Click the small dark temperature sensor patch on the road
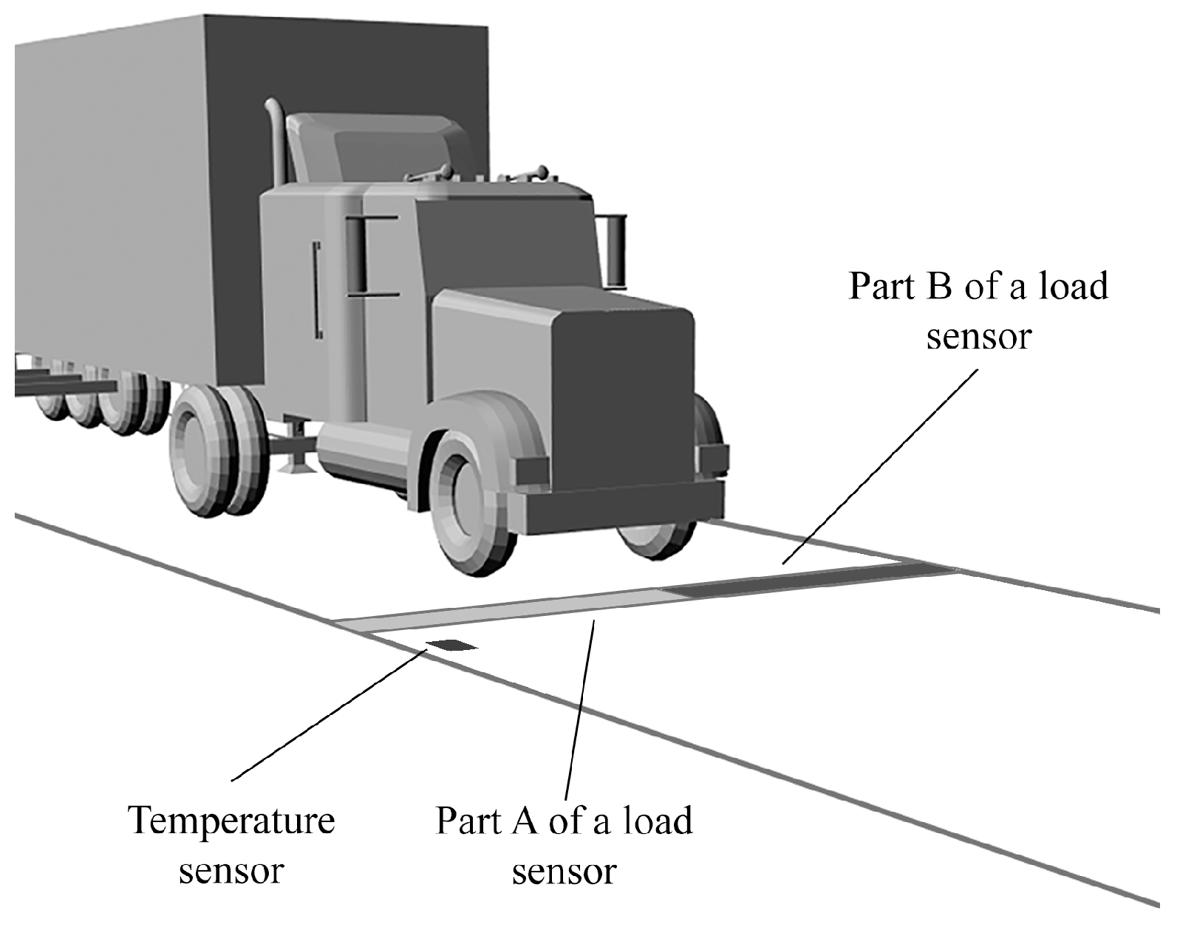pyautogui.click(x=452, y=646)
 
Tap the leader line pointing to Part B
pyautogui.click(x=879, y=465)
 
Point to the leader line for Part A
pyautogui.click(x=580, y=709)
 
